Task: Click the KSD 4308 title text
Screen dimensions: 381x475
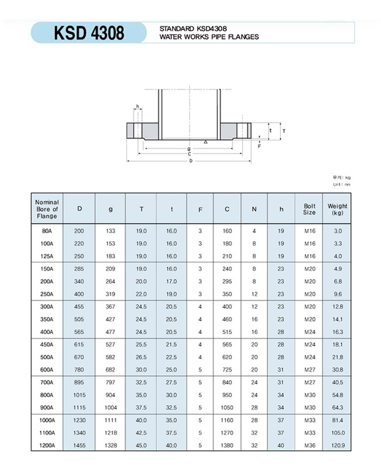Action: click(89, 33)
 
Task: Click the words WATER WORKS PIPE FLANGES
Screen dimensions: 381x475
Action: click(209, 37)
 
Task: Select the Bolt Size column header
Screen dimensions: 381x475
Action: click(309, 209)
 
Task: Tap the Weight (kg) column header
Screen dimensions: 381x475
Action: click(337, 209)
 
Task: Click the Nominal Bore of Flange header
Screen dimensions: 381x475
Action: click(47, 209)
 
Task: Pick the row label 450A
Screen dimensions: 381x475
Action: click(47, 345)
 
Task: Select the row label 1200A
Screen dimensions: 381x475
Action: click(47, 445)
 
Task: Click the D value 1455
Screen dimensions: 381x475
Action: click(79, 445)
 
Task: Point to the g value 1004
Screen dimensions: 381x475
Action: click(110, 408)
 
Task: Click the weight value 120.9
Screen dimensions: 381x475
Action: click(338, 445)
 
